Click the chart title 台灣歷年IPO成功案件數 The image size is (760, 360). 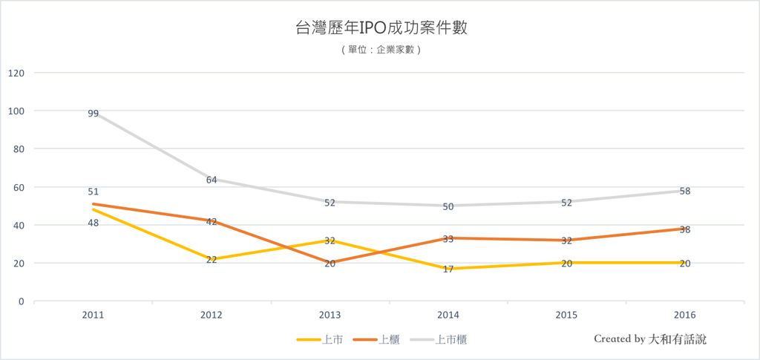pyautogui.click(x=381, y=27)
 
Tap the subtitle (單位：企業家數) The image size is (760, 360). pyautogui.click(x=381, y=50)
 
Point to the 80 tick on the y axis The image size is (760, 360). pyautogui.click(x=19, y=149)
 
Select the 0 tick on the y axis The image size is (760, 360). pyautogui.click(x=22, y=302)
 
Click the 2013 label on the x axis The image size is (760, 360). pyautogui.click(x=330, y=315)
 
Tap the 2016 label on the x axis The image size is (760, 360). pyautogui.click(x=685, y=315)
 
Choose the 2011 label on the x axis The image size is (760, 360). pyautogui.click(x=93, y=315)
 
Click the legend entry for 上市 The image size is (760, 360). pyautogui.click(x=320, y=340)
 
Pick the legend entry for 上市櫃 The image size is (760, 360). pyautogui.click(x=438, y=340)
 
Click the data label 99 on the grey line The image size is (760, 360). pyautogui.click(x=93, y=114)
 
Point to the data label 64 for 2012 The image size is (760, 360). pyautogui.click(x=212, y=180)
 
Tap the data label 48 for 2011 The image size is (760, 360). pyautogui.click(x=93, y=223)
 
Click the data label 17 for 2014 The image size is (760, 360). pyautogui.click(x=448, y=269)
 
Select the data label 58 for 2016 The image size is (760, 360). pyautogui.click(x=685, y=192)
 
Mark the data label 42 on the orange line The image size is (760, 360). pyautogui.click(x=212, y=222)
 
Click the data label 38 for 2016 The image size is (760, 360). pyautogui.click(x=685, y=229)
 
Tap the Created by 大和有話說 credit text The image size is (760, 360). pyautogui.click(x=650, y=339)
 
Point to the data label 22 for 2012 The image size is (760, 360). pyautogui.click(x=212, y=260)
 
